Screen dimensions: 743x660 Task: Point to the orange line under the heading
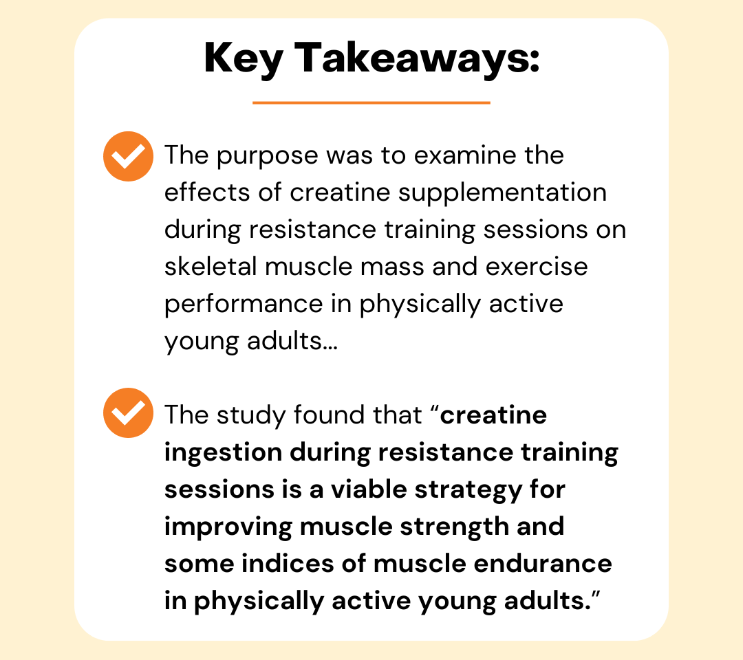coord(371,102)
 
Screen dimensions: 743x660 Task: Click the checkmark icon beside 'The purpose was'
coord(128,156)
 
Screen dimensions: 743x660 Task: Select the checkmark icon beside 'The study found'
coord(128,413)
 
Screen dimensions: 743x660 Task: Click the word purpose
coord(267,157)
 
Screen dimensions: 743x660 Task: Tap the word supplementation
coord(502,194)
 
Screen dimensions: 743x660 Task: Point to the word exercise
coord(537,267)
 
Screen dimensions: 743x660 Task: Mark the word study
coord(251,416)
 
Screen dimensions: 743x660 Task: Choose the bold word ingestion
coord(223,453)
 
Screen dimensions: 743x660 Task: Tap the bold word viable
coord(369,489)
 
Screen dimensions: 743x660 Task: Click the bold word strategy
coord(469,490)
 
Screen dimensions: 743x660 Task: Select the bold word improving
coord(228,527)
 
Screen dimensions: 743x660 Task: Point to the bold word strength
coord(455,527)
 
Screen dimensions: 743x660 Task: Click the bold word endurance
coord(543,564)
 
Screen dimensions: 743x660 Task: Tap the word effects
coord(207,192)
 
